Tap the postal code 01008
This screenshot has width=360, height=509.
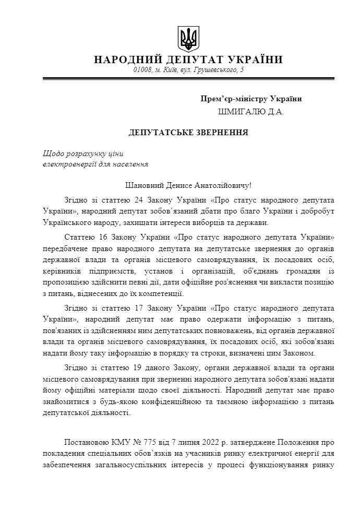(x=142, y=70)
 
